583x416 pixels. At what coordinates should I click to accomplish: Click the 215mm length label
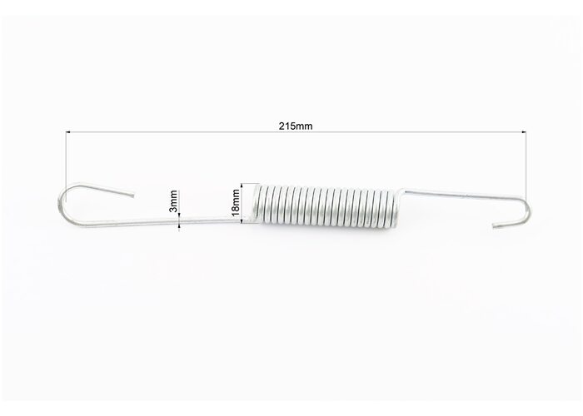pos(296,126)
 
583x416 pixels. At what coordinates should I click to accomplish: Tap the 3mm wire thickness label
pos(173,201)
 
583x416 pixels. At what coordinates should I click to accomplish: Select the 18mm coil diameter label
pos(235,202)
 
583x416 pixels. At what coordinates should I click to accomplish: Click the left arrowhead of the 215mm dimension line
pos(68,131)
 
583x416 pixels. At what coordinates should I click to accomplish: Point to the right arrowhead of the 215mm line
pos(524,131)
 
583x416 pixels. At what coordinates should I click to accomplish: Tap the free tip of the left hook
pos(132,196)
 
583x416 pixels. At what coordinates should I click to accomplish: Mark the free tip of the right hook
pos(494,225)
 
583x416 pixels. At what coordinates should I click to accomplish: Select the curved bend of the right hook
pos(527,210)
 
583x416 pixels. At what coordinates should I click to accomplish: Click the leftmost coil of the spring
pos(257,205)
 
